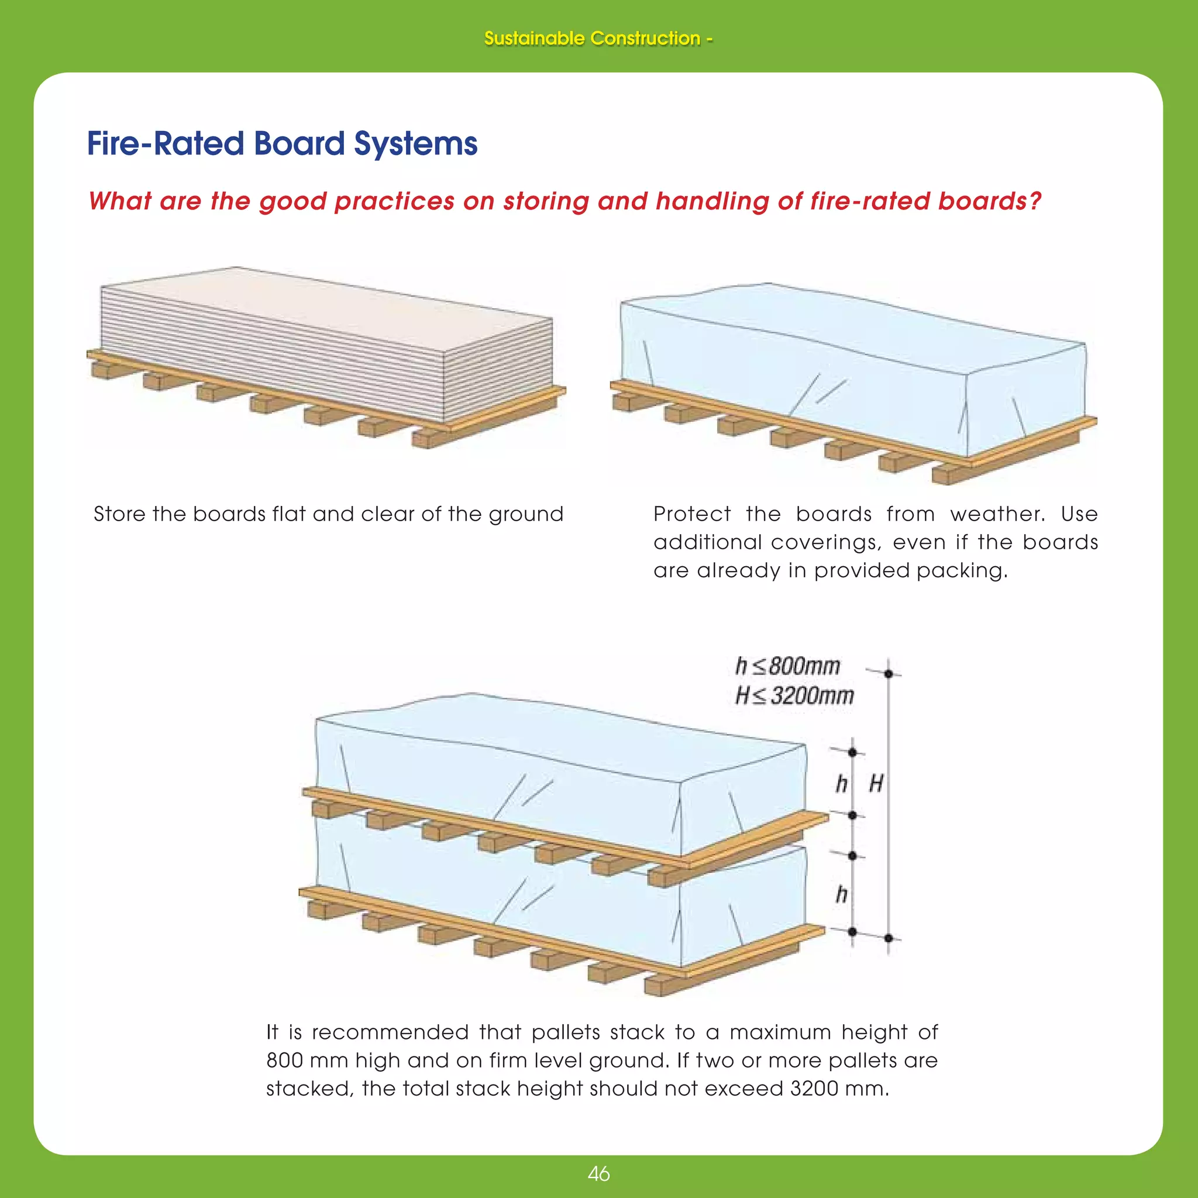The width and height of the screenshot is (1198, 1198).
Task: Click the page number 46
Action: coord(598,1174)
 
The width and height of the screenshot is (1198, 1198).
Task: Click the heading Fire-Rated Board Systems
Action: coord(282,144)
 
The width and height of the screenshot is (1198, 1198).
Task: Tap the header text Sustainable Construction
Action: coord(592,39)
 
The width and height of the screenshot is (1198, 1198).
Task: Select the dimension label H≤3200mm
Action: coord(794,696)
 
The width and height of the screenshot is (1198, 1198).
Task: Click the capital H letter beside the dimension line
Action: coord(876,784)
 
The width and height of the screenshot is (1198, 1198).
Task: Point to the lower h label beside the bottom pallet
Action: coord(841,895)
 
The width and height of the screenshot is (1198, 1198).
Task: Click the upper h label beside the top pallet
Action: coord(841,784)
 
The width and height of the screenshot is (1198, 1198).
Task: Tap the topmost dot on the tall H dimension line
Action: coord(889,673)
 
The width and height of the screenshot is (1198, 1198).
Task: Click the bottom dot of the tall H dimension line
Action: coord(889,938)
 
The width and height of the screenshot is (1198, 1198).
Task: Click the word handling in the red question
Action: coord(712,202)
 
